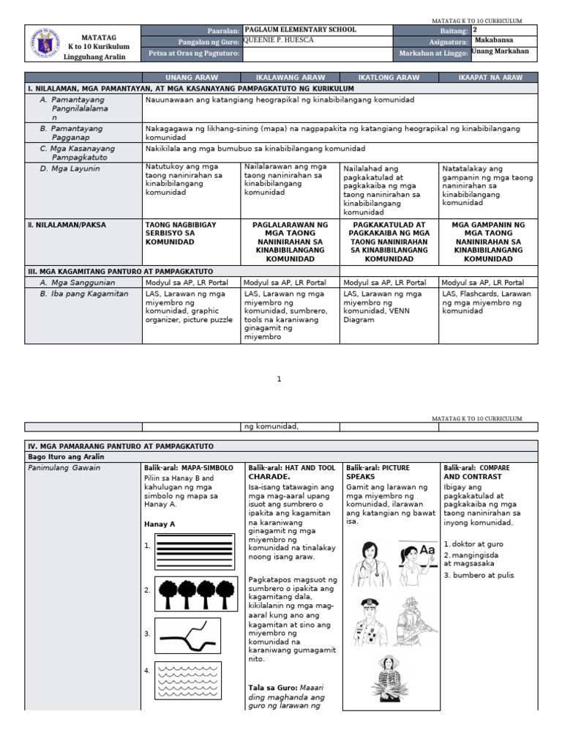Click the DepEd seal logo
point(46,43)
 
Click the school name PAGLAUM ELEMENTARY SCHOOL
point(300,30)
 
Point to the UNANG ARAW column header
point(191,77)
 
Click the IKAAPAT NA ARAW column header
point(488,77)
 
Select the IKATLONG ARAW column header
point(389,77)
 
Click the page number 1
point(279,379)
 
